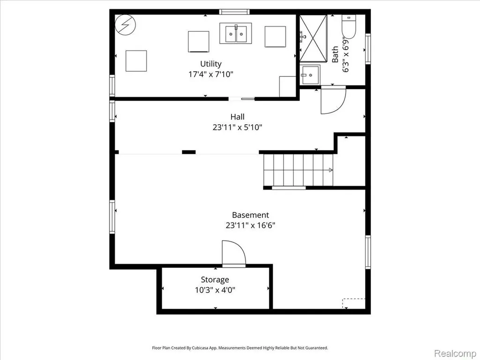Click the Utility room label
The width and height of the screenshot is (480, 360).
click(x=210, y=64)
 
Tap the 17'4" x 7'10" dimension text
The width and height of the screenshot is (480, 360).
click(x=210, y=74)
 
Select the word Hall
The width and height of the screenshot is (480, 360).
click(x=237, y=117)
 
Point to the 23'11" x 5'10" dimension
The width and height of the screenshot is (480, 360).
click(x=237, y=127)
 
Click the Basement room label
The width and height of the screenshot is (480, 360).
click(x=250, y=215)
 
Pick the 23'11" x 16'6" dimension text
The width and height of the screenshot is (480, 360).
click(x=250, y=225)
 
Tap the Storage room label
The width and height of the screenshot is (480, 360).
click(x=215, y=280)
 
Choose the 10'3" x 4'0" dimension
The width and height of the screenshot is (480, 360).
click(x=215, y=290)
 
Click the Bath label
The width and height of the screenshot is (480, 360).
click(x=335, y=54)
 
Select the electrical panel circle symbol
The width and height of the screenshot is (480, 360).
click(x=125, y=25)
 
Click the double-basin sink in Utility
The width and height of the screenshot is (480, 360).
click(x=236, y=33)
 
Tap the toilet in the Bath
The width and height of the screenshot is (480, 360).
click(x=349, y=26)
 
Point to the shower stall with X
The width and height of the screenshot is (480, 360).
click(x=313, y=38)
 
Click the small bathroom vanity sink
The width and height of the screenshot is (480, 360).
click(x=310, y=75)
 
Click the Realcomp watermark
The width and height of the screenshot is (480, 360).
click(x=454, y=353)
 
